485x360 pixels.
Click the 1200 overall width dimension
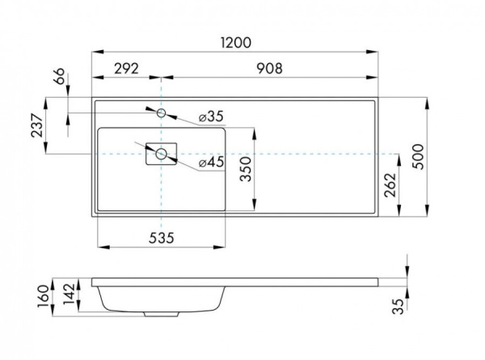234,42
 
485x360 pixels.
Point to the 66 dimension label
59,79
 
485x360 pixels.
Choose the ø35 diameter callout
209,116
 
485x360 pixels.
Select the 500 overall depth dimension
417,156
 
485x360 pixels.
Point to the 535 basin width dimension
160,237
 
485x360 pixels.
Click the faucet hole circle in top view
162,112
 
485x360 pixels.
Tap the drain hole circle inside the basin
162,153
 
